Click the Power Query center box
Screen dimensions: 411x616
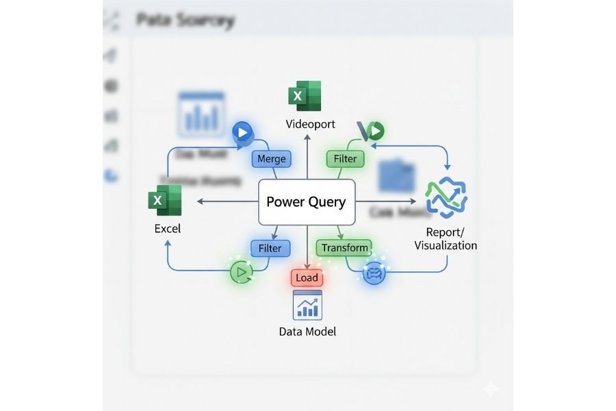click(307, 202)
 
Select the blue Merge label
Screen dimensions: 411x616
click(271, 159)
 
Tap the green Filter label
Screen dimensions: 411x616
click(345, 159)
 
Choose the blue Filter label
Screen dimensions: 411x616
click(270, 248)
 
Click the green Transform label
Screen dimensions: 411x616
click(345, 248)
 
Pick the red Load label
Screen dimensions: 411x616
click(307, 277)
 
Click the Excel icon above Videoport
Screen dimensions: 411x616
click(305, 97)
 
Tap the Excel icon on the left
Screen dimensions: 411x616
click(165, 201)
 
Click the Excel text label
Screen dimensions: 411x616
click(167, 228)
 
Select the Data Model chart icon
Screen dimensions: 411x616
click(307, 305)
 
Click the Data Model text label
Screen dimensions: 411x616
click(307, 332)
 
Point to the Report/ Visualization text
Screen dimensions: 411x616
click(446, 238)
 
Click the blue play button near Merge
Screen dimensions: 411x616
click(242, 132)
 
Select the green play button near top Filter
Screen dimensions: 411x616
click(375, 130)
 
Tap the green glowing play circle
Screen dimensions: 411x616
click(240, 272)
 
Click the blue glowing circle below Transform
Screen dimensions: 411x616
click(374, 273)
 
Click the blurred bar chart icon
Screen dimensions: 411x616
click(201, 114)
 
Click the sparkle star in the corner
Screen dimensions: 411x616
click(490, 388)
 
